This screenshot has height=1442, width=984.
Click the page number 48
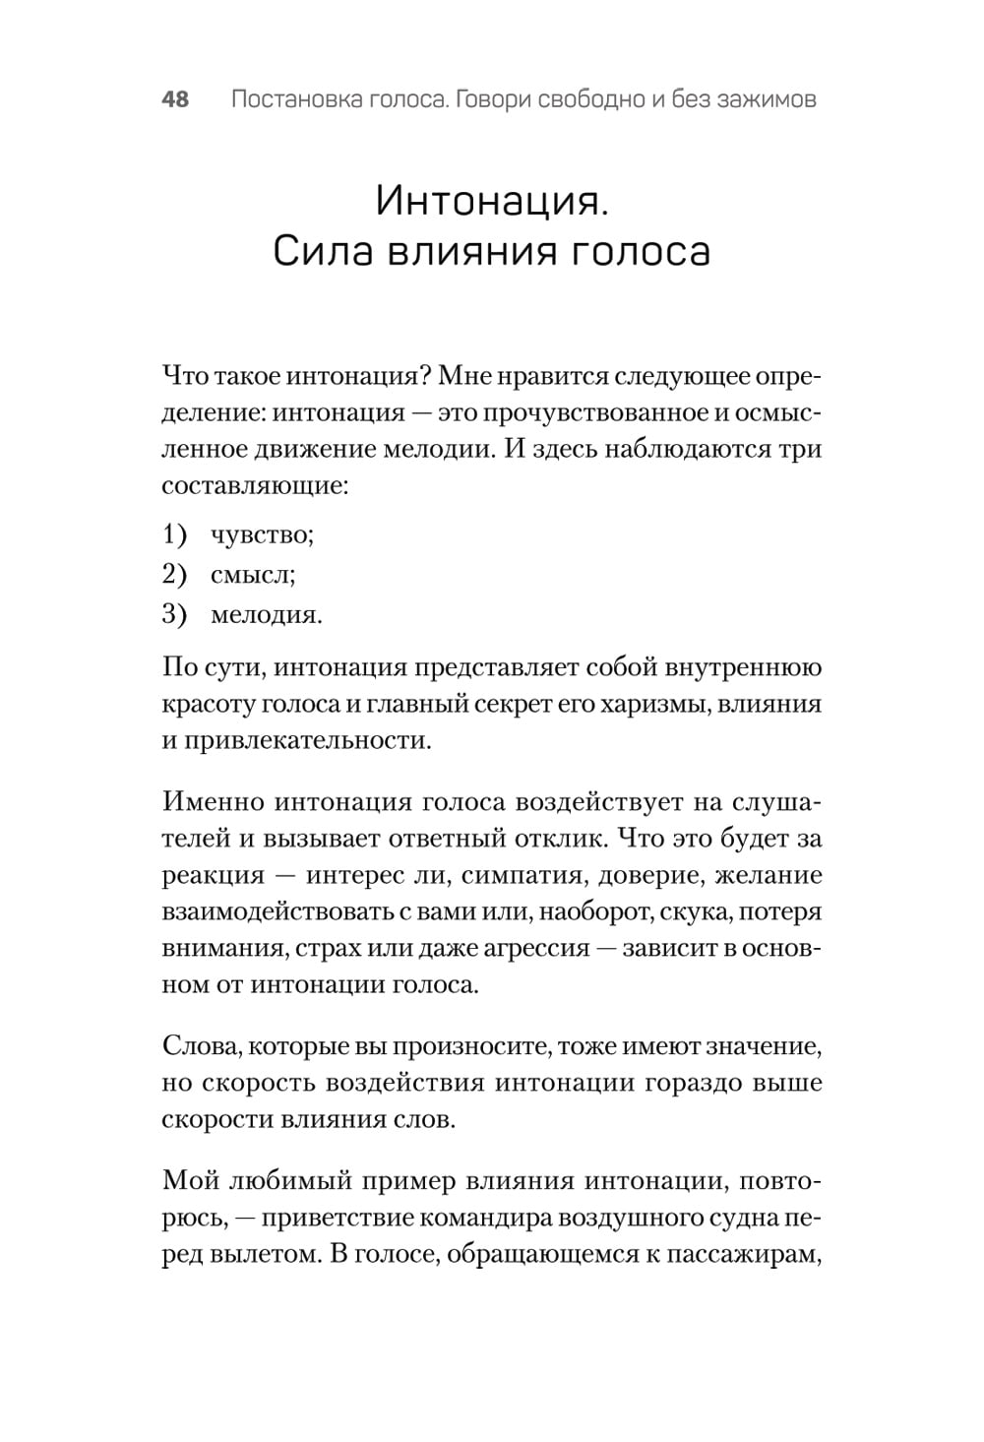coord(174,99)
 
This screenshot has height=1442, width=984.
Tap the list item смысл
coord(253,575)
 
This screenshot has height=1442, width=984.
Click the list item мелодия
coord(266,615)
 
